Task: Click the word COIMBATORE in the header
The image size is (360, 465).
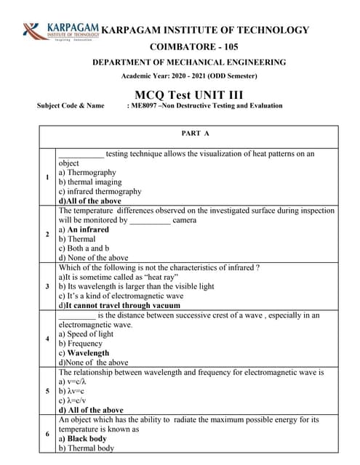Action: tap(183, 46)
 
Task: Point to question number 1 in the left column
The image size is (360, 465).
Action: tap(47, 177)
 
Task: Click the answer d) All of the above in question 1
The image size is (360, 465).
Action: tap(89, 201)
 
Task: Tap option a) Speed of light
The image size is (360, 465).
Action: tap(85, 334)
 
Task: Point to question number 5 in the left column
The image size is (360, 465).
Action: tap(47, 391)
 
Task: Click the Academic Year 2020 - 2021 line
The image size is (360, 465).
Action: tap(188, 76)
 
